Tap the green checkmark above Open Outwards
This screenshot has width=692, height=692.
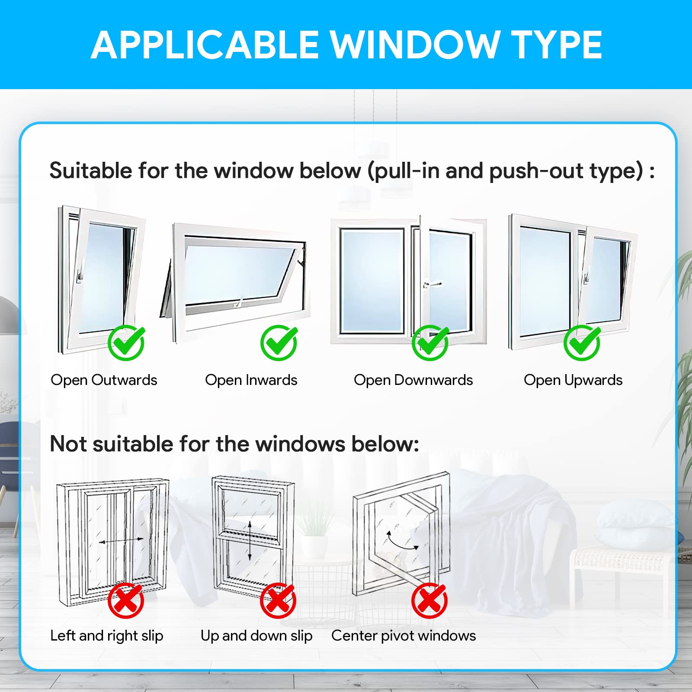[126, 343]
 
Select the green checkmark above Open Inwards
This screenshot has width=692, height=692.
[279, 343]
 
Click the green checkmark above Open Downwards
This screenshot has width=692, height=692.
[430, 343]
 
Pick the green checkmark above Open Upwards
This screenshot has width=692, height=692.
[582, 343]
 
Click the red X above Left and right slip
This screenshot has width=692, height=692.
[126, 601]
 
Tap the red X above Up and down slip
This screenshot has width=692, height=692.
[278, 601]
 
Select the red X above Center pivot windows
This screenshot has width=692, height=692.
[429, 601]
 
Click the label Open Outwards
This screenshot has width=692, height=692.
[104, 380]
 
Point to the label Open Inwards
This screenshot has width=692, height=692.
[251, 380]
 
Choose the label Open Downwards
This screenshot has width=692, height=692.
[413, 380]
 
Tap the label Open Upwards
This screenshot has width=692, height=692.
[573, 380]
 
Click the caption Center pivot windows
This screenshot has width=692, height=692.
[404, 636]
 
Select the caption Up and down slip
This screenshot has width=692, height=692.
[256, 636]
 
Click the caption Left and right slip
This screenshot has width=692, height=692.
[107, 636]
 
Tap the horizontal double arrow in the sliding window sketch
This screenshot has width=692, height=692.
[121, 541]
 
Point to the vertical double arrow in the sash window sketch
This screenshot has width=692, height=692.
[250, 541]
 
